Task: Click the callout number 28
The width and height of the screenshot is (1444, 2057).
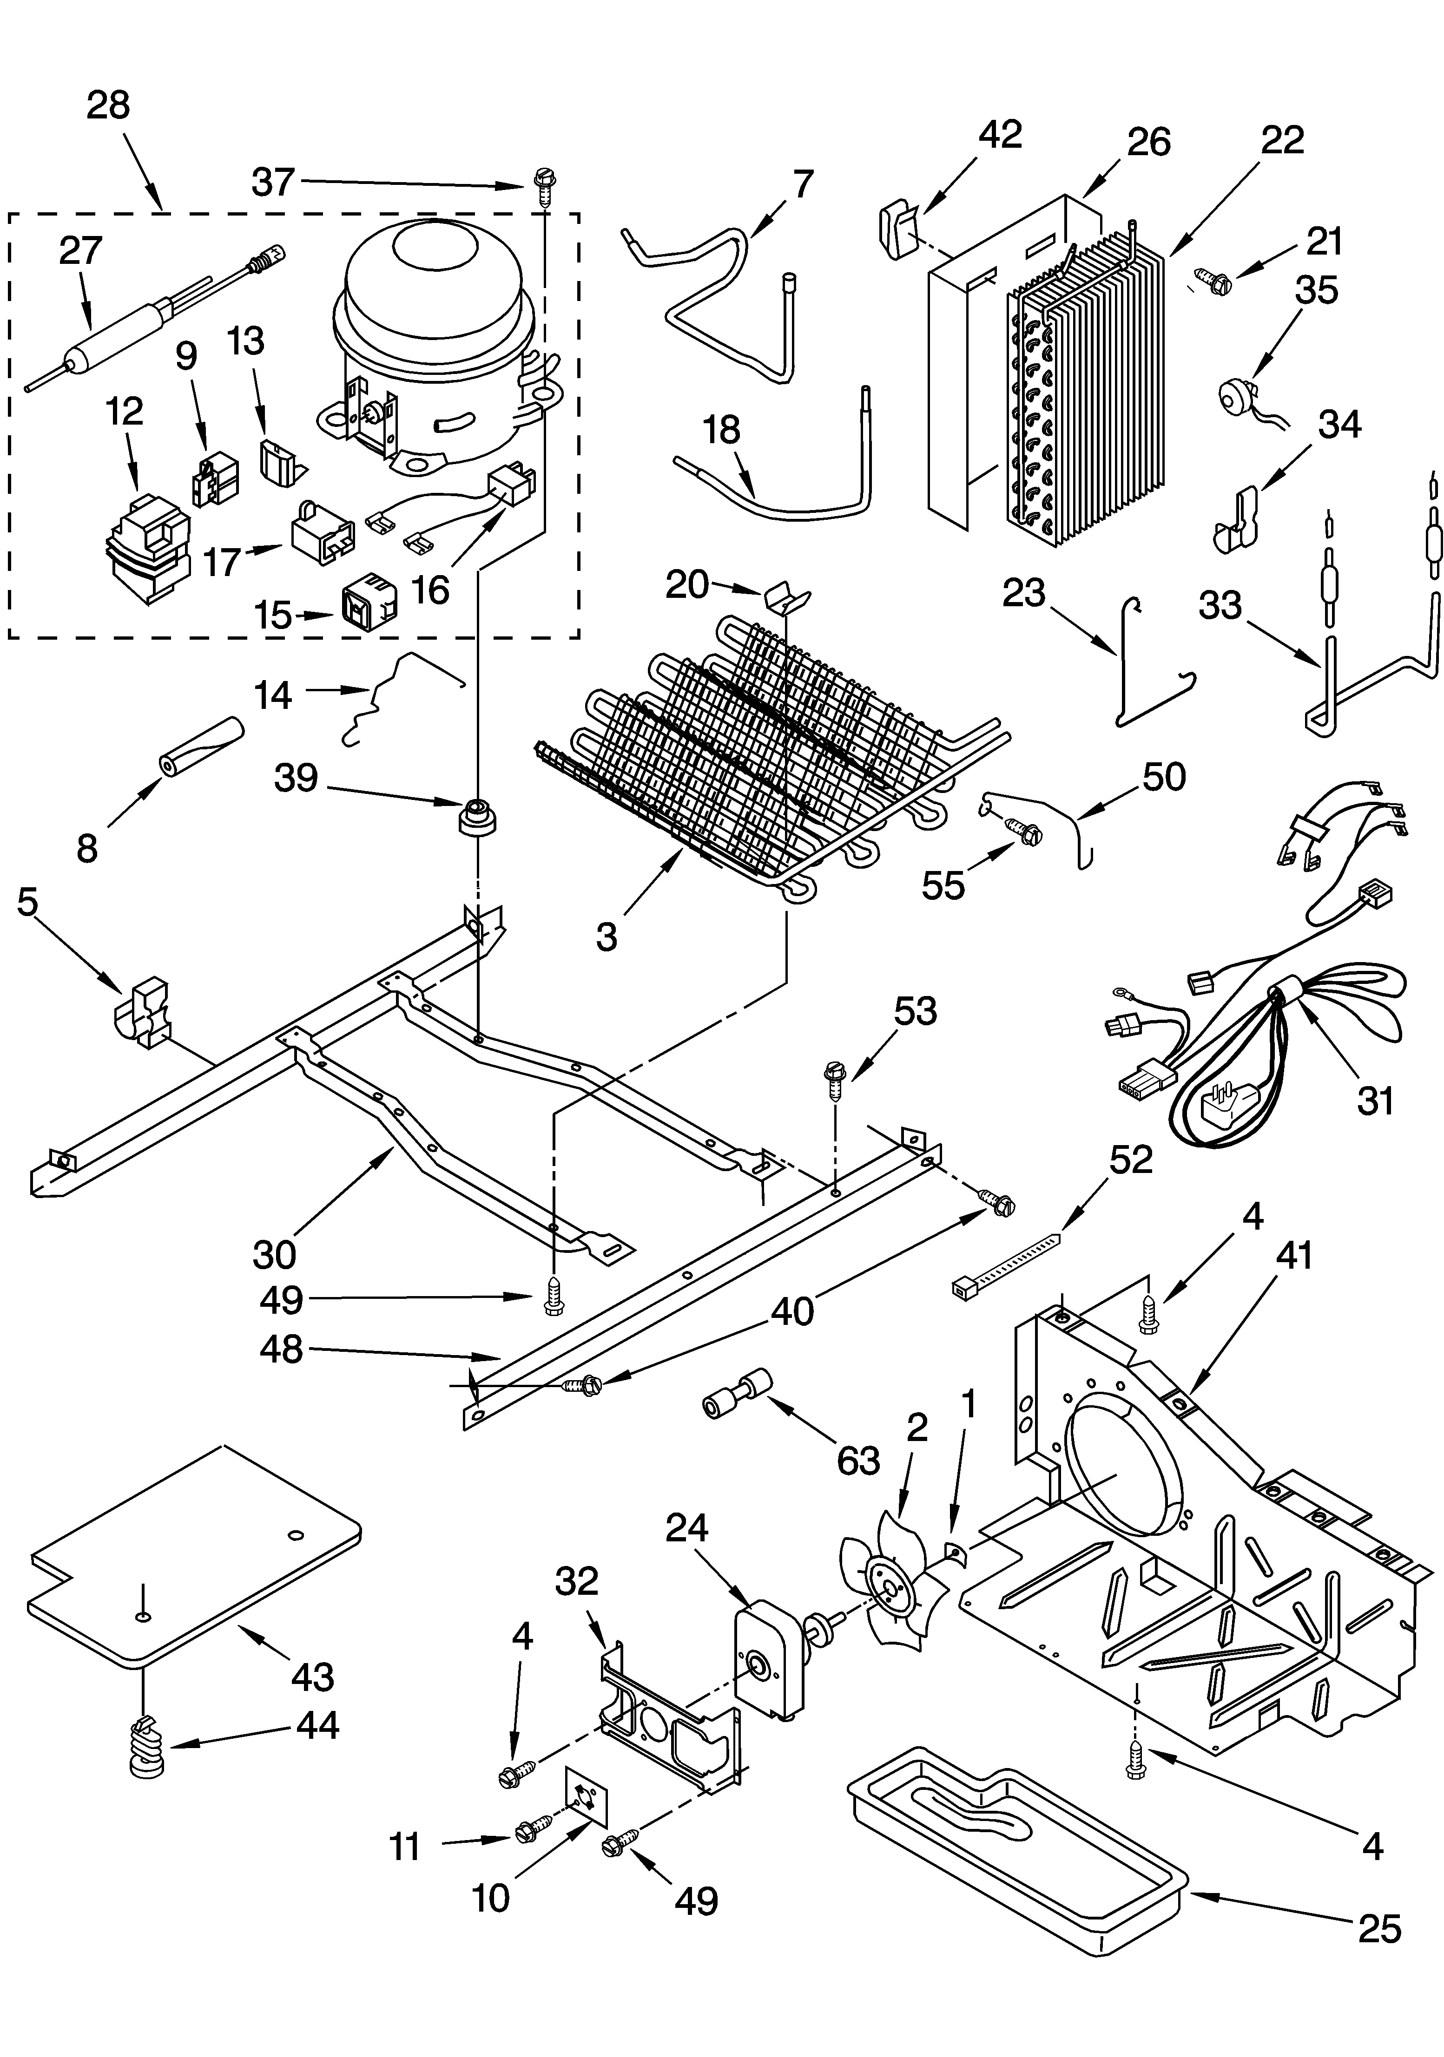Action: [108, 106]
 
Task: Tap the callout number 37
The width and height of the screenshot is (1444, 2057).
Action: [272, 182]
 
